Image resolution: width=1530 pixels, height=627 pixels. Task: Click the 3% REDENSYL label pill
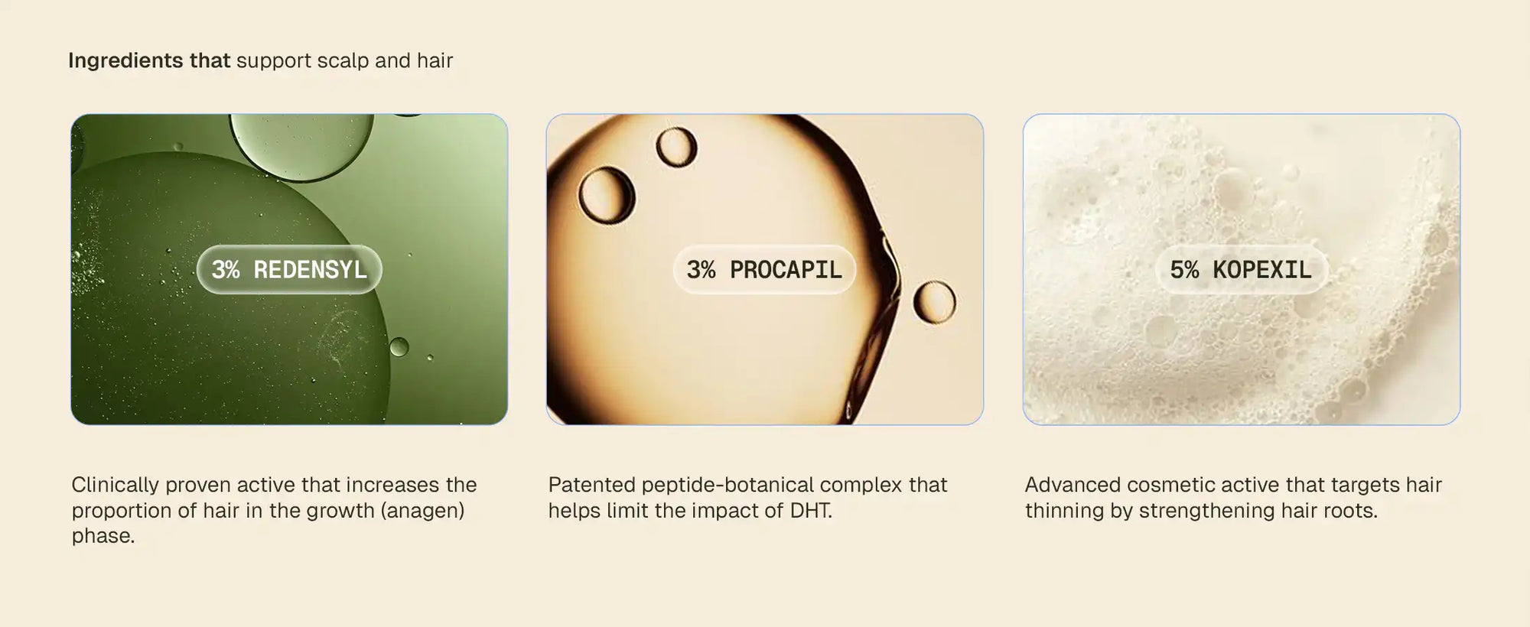tap(289, 269)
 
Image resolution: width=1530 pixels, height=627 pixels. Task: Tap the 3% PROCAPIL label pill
tap(764, 269)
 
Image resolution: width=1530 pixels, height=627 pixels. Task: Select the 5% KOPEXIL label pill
tap(1241, 269)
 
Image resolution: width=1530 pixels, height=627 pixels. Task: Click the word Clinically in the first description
tap(116, 485)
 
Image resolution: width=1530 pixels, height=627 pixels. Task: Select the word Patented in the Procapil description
tap(592, 485)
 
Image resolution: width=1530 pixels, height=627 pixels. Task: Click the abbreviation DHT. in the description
tap(811, 510)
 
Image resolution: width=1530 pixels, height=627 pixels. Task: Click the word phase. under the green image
tap(103, 536)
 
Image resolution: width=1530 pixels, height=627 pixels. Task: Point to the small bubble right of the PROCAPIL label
tap(934, 301)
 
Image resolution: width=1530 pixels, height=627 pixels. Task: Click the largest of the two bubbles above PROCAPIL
tap(607, 194)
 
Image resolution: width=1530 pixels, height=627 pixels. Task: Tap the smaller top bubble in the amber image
tap(676, 147)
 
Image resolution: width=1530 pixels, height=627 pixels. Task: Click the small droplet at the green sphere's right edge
tap(399, 347)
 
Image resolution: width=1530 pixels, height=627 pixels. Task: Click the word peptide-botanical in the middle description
tap(718, 485)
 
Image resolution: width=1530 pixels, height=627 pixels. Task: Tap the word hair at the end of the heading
tap(435, 60)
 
